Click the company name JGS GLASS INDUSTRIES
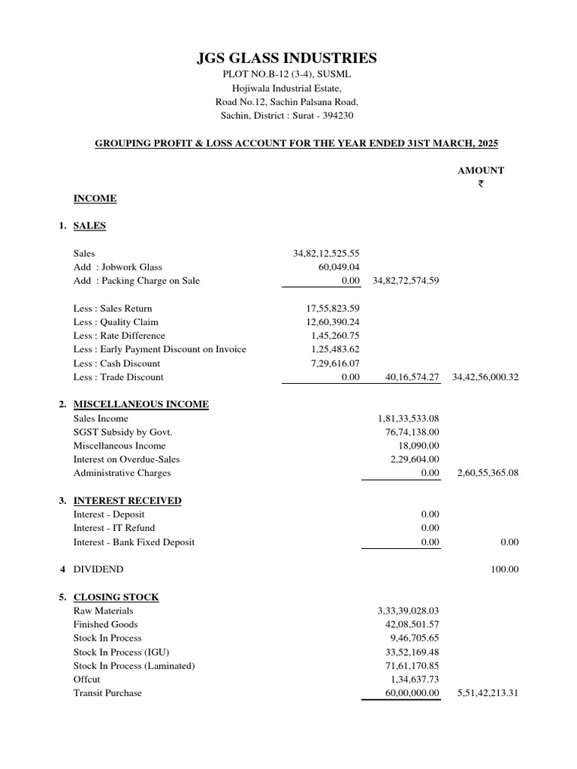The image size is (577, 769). (287, 59)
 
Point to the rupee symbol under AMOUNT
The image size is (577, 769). (481, 184)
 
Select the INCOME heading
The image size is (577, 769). (95, 198)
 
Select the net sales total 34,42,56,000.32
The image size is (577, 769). (485, 377)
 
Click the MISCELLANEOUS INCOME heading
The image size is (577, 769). (141, 405)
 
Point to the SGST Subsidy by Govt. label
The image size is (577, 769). (123, 432)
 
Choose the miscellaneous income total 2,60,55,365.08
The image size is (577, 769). (488, 473)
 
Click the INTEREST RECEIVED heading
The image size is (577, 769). (127, 501)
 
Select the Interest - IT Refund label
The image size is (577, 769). (114, 528)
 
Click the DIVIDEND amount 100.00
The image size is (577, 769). (505, 569)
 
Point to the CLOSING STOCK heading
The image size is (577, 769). (116, 597)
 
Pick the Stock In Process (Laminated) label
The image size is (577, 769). (134, 665)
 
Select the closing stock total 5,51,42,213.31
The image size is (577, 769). (488, 693)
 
